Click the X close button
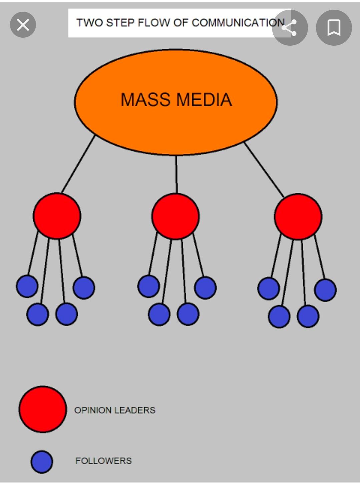coord(23,25)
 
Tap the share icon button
coord(290,28)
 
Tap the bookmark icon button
coord(334,28)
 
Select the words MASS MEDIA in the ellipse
coord(176,100)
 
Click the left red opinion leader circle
coord(57,216)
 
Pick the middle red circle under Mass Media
coord(175,216)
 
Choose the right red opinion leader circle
coord(298,216)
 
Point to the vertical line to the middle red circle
coord(176,174)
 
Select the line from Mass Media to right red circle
coord(264,169)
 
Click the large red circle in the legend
coord(43,409)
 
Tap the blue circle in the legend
coord(42,462)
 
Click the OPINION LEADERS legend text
coord(115,410)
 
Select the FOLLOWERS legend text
coord(103,461)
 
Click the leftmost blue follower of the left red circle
coord(27,286)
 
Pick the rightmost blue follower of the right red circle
coord(325,290)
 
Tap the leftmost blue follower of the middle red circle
coord(149,286)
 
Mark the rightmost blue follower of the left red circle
coord(84,288)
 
